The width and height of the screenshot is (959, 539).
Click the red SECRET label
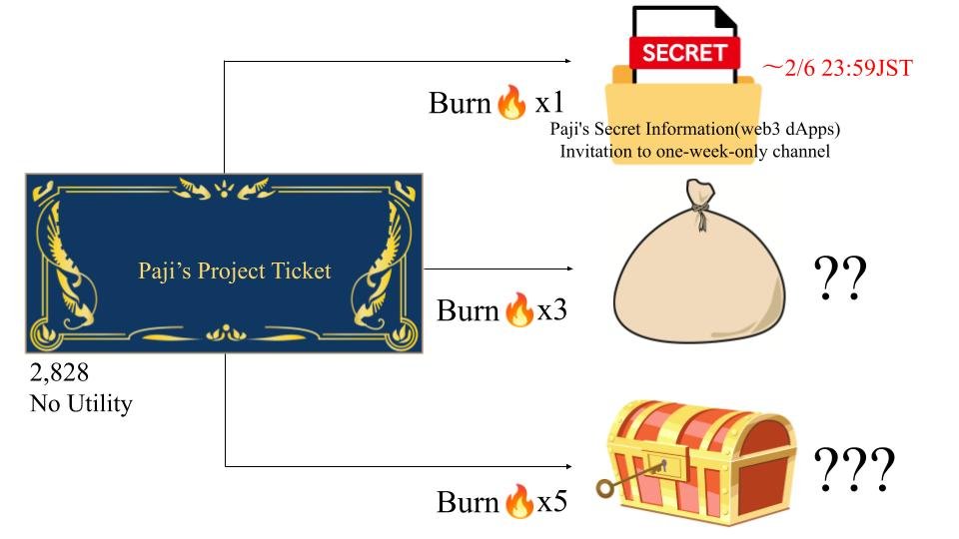(684, 52)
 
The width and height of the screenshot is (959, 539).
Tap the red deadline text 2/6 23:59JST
(839, 68)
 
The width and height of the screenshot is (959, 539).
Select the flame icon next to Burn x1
(510, 103)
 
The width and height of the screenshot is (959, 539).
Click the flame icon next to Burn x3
(519, 310)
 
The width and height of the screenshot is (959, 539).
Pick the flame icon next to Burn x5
(519, 502)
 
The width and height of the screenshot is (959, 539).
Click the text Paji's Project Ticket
(235, 270)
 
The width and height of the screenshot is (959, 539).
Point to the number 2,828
(60, 374)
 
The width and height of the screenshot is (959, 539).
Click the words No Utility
(82, 405)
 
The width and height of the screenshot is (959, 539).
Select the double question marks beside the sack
(839, 281)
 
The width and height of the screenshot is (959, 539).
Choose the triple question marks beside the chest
(853, 471)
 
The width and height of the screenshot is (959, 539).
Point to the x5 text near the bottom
(552, 502)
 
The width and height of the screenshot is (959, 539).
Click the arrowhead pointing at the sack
(569, 269)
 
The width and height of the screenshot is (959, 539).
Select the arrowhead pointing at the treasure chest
(569, 466)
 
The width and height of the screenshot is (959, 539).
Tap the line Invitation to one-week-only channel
(695, 152)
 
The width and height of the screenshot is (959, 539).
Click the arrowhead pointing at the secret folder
(569, 62)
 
